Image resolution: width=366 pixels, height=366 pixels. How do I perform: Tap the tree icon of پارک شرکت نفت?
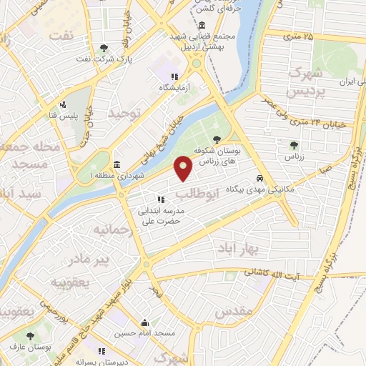pos(105,48)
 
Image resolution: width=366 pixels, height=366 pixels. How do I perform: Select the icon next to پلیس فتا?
pos(63,104)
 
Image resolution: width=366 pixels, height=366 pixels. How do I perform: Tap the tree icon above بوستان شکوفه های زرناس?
pos(217,139)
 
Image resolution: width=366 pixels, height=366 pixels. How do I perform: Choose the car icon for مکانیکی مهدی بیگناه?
pos(260,179)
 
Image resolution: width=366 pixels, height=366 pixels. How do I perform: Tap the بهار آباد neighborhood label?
pos(238,247)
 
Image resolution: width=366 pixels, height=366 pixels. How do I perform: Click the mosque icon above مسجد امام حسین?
pos(145,322)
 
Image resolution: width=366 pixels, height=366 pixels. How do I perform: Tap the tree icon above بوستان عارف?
pos(29,336)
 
